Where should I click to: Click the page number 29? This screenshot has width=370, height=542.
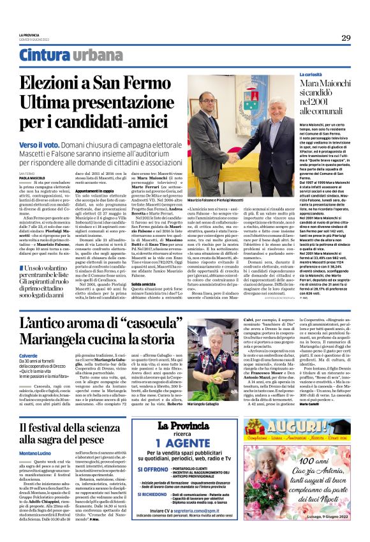point(345,38)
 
